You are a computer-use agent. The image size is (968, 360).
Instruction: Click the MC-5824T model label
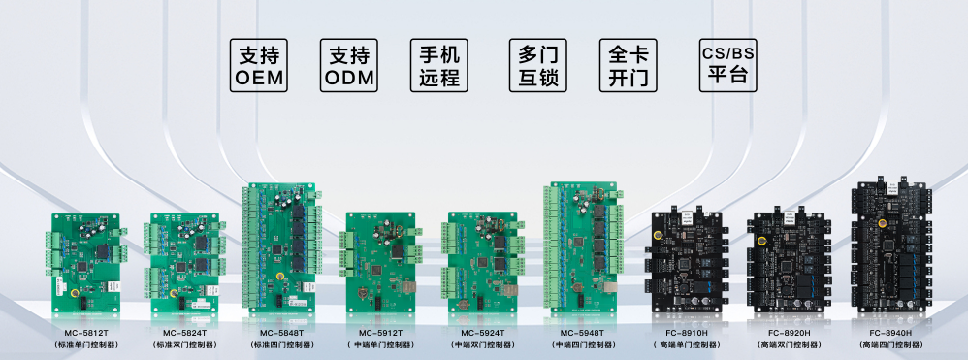182,333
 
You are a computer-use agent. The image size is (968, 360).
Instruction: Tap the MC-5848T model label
281,333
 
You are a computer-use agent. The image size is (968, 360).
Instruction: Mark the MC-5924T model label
481,333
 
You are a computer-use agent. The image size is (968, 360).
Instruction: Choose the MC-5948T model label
581,333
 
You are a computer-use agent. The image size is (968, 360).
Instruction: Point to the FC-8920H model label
787,333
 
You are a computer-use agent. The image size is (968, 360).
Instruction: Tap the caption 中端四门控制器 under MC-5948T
581,344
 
